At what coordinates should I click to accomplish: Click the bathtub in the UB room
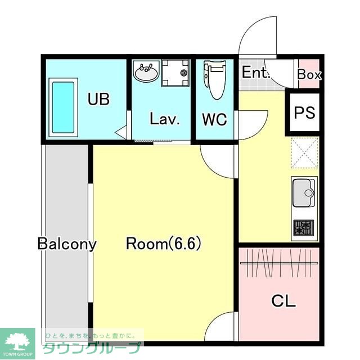pos(63,107)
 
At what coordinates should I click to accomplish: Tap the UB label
pos(98,99)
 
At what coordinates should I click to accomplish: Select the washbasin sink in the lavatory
pos(146,71)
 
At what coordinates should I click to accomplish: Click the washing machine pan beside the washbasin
pos(175,73)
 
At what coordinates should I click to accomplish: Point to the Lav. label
pos(164,119)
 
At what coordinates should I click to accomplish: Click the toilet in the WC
pos(215,80)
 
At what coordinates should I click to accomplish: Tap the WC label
pos(215,119)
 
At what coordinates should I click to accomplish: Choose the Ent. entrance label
pos(255,72)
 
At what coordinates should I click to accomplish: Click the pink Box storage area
pos(309,74)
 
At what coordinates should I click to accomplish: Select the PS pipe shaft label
pos(305,112)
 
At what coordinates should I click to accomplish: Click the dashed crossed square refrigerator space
pos(305,152)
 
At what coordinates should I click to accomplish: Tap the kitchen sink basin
pos(304,193)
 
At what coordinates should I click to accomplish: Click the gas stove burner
pos(304,227)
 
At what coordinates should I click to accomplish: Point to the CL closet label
pos(283,301)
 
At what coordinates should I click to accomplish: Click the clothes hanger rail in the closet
pos(279,263)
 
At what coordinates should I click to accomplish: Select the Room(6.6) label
pos(164,244)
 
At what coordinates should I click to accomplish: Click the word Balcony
pos(67,244)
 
